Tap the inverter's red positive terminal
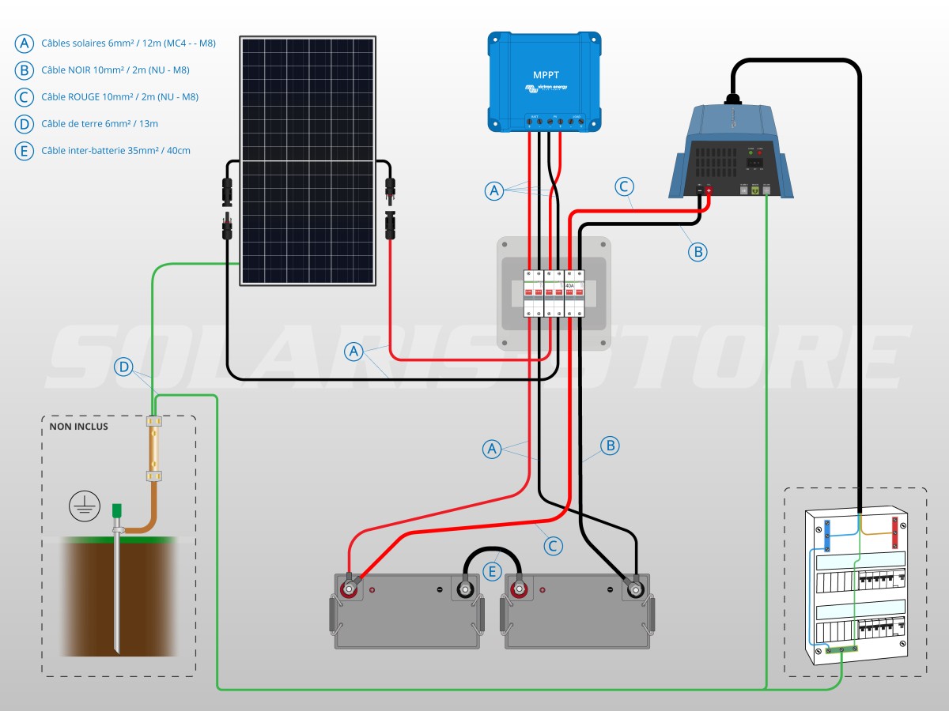coord(709,190)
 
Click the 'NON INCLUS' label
coord(79,427)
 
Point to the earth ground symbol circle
coord(84,505)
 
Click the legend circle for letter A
coord(25,43)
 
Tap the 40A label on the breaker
coord(569,285)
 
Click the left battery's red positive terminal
coord(347,589)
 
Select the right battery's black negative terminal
coord(634,589)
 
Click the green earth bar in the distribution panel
coord(842,649)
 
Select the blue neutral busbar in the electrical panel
coord(827,535)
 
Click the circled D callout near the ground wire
coord(123,367)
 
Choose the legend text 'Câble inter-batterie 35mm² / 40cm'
coord(115,150)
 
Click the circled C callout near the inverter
coord(624,187)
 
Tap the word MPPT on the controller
coord(546,75)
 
